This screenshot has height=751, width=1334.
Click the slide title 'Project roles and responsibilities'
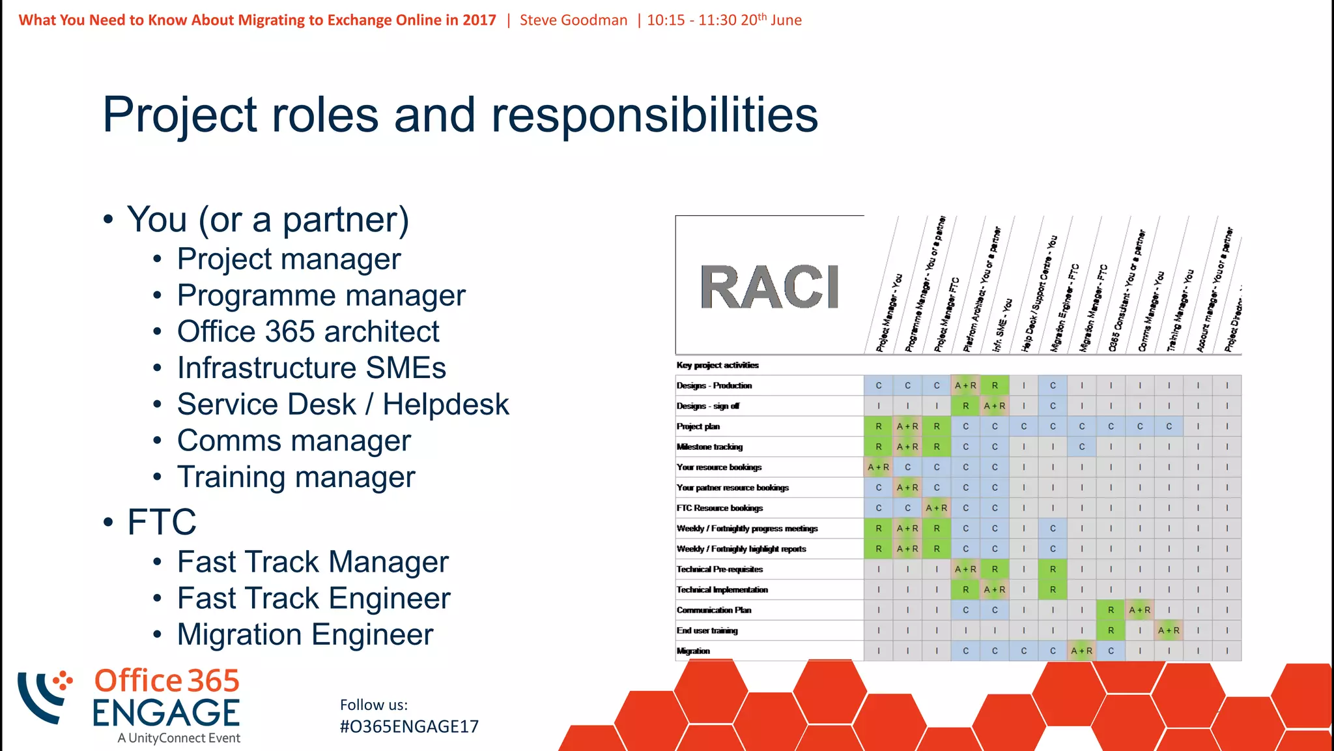coord(460,115)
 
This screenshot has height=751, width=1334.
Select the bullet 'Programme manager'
coord(321,295)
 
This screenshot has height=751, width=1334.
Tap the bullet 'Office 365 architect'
coord(308,332)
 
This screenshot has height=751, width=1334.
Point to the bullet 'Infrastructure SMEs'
coord(311,368)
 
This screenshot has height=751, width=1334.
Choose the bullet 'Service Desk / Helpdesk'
coord(343,404)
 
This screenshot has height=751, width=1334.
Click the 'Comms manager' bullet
coord(294,441)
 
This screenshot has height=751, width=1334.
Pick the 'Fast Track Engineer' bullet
coord(313,598)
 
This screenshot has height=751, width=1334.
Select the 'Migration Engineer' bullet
coord(305,635)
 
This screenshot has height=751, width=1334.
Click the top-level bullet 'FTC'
coord(162,522)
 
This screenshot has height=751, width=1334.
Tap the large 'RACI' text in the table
coord(769,287)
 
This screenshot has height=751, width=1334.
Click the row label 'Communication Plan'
coord(714,610)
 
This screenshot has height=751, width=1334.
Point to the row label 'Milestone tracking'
coord(709,447)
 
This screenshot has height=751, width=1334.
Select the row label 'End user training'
coord(707,630)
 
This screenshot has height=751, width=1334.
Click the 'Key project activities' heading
coord(717,365)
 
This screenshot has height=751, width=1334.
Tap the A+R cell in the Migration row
coord(1081,651)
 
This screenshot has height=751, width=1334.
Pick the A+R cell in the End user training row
coord(1169,630)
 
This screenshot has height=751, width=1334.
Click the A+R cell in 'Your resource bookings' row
coord(878,467)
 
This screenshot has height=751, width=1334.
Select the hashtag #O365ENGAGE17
coord(409,727)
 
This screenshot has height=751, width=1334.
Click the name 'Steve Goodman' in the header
coord(573,20)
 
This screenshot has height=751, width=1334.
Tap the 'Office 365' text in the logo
coord(167,681)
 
